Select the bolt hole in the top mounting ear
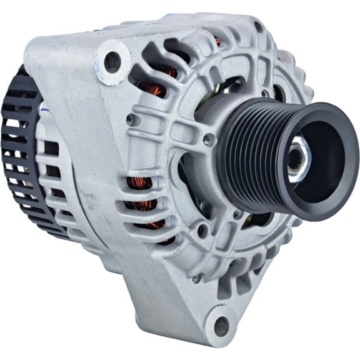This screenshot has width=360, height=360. click(x=113, y=61)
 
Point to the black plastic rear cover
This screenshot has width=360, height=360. click(x=19, y=156)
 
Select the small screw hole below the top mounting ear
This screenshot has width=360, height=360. click(x=129, y=119)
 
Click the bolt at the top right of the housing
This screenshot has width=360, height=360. click(x=257, y=27)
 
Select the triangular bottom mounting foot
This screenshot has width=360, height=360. click(x=187, y=306)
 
